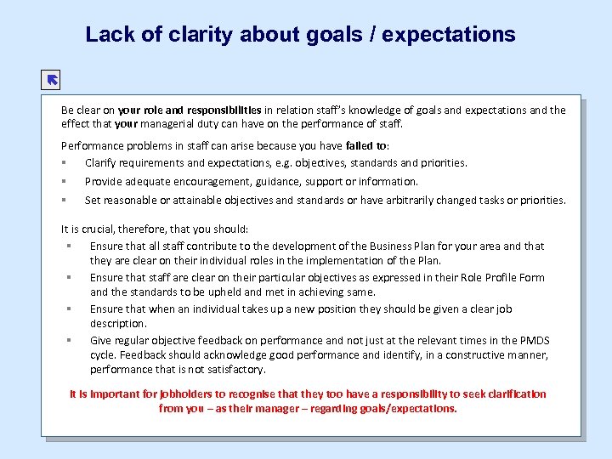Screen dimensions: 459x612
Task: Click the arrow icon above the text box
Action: (x=51, y=81)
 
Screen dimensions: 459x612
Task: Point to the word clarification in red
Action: (x=512, y=394)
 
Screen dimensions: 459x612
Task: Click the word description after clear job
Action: (x=118, y=324)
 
